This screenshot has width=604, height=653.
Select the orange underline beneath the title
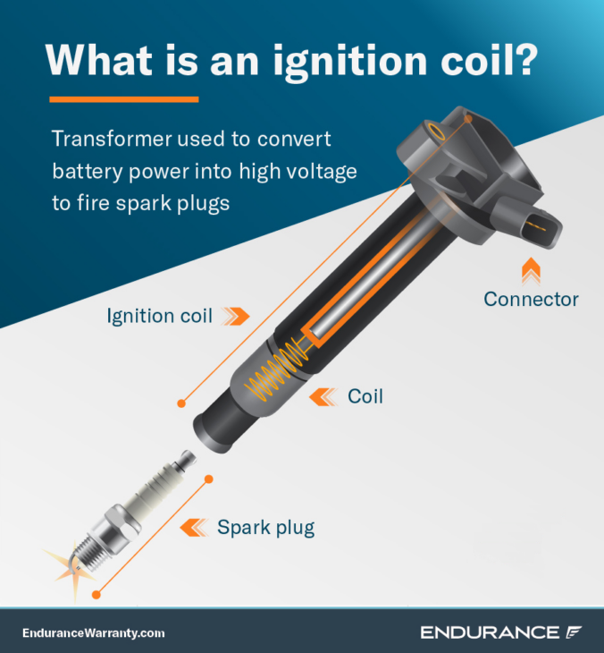123,98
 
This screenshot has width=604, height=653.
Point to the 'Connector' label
531,299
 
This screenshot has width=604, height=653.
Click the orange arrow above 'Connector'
531,266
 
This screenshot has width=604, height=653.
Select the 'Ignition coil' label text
159,316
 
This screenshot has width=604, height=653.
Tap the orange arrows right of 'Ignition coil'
236,316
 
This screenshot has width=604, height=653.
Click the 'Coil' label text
365,395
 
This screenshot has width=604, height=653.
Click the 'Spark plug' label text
265,527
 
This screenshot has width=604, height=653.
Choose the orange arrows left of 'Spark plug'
195,527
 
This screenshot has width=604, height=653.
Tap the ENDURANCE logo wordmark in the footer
489,632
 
